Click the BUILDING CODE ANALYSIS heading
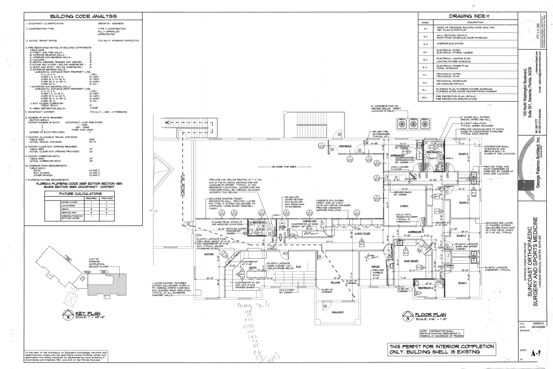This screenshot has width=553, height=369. coord(83,16)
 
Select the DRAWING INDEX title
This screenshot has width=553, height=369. coord(469,16)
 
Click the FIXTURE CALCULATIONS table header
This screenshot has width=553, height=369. coord(80,194)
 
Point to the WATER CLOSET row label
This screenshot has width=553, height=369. coord(70,202)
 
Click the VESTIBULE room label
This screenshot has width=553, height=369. coord(345,146)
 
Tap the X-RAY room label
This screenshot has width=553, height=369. coord(404,206)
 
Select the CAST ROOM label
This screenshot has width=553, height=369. coord(411,261)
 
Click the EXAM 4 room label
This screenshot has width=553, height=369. coord(463,154)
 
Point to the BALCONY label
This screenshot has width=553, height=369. coord(338,312)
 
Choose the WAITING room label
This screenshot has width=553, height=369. coord(209,254)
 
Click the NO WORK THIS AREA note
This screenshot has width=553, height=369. coord(284,167)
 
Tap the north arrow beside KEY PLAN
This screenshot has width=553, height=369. coord(68,315)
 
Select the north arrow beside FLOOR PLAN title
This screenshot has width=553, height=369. coord(407,316)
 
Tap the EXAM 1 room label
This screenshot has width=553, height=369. coord(462,283)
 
